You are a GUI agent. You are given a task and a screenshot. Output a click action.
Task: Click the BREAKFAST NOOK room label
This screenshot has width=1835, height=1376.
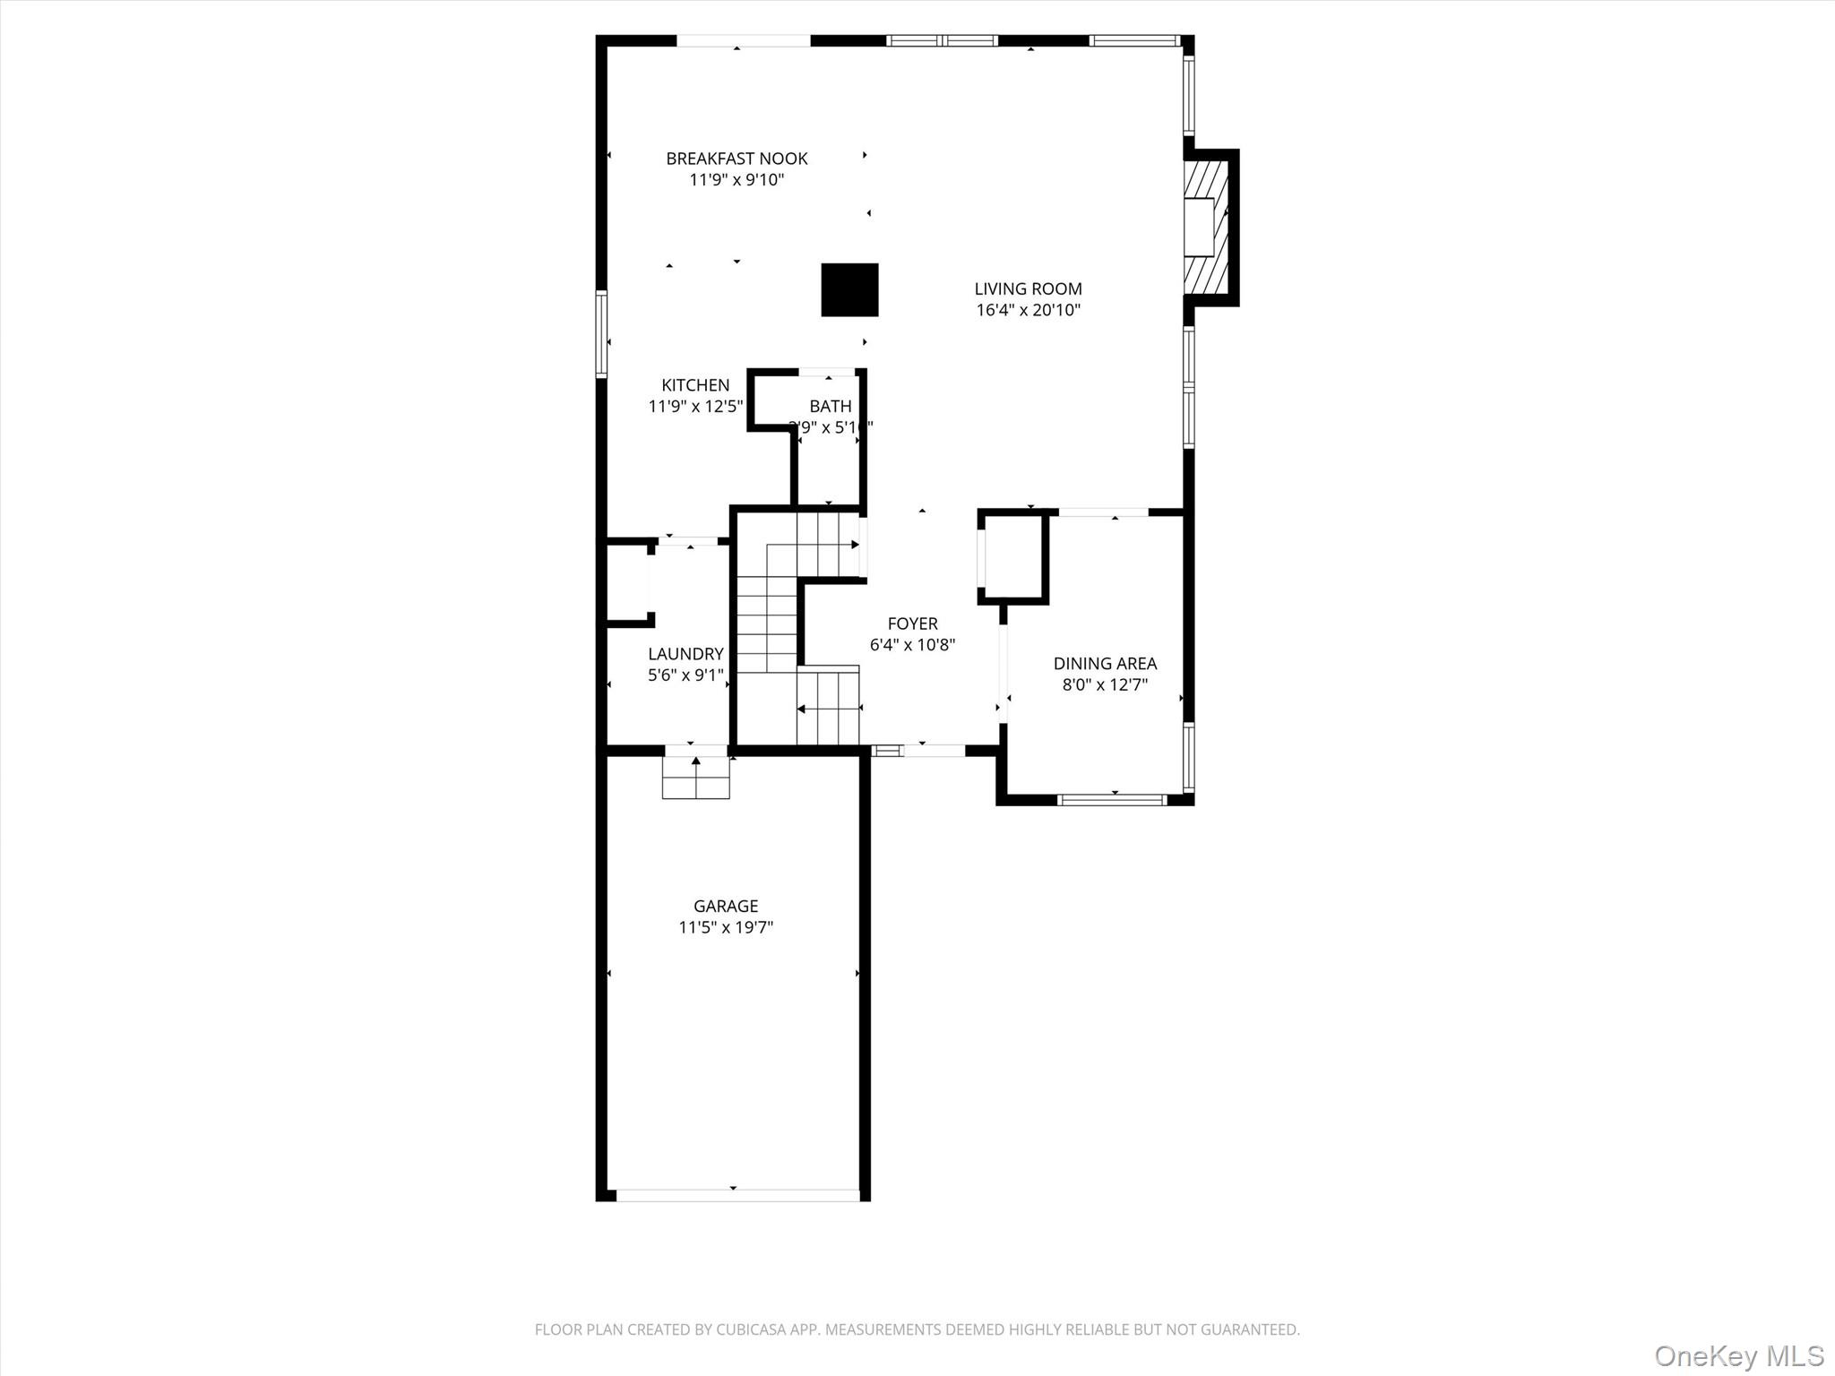737,159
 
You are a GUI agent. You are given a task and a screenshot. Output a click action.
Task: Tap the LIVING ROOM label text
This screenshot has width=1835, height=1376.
1028,288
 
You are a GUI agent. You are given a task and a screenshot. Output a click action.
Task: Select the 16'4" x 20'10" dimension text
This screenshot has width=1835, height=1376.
1028,311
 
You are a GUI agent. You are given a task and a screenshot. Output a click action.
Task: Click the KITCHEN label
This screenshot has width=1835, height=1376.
695,385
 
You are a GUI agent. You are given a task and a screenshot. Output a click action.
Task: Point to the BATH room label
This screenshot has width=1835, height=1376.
830,407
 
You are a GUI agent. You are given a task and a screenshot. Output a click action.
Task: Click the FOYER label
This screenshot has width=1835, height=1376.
912,623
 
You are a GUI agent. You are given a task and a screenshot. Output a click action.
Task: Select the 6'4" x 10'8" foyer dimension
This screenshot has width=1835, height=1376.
912,645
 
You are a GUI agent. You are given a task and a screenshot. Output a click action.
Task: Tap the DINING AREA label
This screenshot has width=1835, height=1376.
1105,664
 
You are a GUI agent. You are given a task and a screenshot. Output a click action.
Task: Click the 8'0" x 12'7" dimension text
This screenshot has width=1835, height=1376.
1105,685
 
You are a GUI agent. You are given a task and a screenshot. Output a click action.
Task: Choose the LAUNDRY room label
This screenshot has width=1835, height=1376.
685,654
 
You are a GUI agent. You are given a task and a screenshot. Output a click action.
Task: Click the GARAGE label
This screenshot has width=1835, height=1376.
725,906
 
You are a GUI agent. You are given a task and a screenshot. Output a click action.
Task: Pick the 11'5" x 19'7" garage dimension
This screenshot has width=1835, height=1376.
725,928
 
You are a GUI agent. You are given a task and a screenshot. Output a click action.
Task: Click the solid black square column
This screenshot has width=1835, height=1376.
849,289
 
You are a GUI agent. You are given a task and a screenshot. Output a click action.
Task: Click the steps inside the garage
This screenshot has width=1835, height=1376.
695,778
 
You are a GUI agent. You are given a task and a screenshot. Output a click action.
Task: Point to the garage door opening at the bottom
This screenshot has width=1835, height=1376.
737,1195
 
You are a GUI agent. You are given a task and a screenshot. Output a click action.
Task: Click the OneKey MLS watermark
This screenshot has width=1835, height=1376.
1738,1355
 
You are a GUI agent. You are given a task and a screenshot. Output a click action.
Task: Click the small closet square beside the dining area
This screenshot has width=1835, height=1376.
1013,556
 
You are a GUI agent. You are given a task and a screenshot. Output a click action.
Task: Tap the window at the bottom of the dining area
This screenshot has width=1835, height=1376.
1112,799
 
